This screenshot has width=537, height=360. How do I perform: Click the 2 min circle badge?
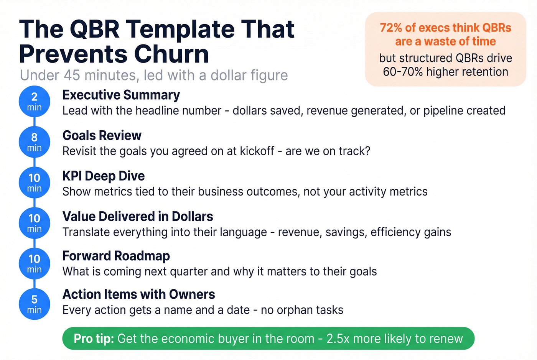pyautogui.click(x=35, y=101)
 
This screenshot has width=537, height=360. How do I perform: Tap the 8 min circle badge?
pyautogui.click(x=35, y=142)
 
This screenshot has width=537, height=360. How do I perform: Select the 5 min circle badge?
pyautogui.click(x=35, y=304)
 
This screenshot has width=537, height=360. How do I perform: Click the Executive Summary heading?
pyautogui.click(x=121, y=95)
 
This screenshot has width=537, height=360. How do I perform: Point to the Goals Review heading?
pyautogui.click(x=102, y=135)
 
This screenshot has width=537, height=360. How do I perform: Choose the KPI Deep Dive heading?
pyautogui.click(x=104, y=176)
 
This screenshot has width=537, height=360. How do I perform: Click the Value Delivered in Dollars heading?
pyautogui.click(x=138, y=217)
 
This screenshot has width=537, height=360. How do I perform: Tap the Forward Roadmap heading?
pyautogui.click(x=116, y=256)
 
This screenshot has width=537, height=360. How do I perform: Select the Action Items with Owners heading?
pyautogui.click(x=139, y=294)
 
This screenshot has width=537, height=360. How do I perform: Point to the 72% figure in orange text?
pyautogui.click(x=391, y=28)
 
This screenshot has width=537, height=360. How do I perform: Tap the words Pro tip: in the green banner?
pyautogui.click(x=94, y=339)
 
